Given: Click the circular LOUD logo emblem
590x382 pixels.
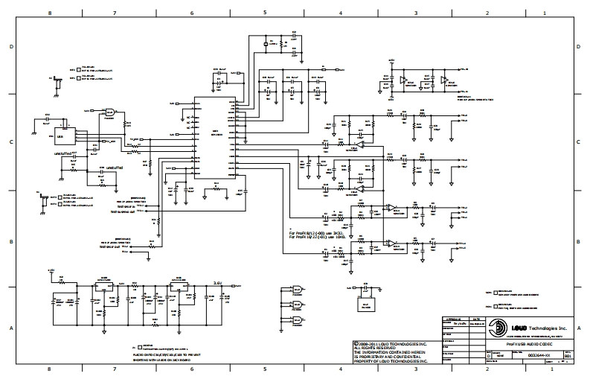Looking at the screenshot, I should pos(494,327).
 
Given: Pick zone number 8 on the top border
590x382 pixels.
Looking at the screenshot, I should pos(50,13).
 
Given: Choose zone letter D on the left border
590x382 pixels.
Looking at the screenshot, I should pos(12,46).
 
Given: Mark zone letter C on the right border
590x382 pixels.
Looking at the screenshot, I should pos(580,141).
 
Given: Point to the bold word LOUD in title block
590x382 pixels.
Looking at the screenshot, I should pos(516,327).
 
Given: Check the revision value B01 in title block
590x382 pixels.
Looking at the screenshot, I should pos(568,356).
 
